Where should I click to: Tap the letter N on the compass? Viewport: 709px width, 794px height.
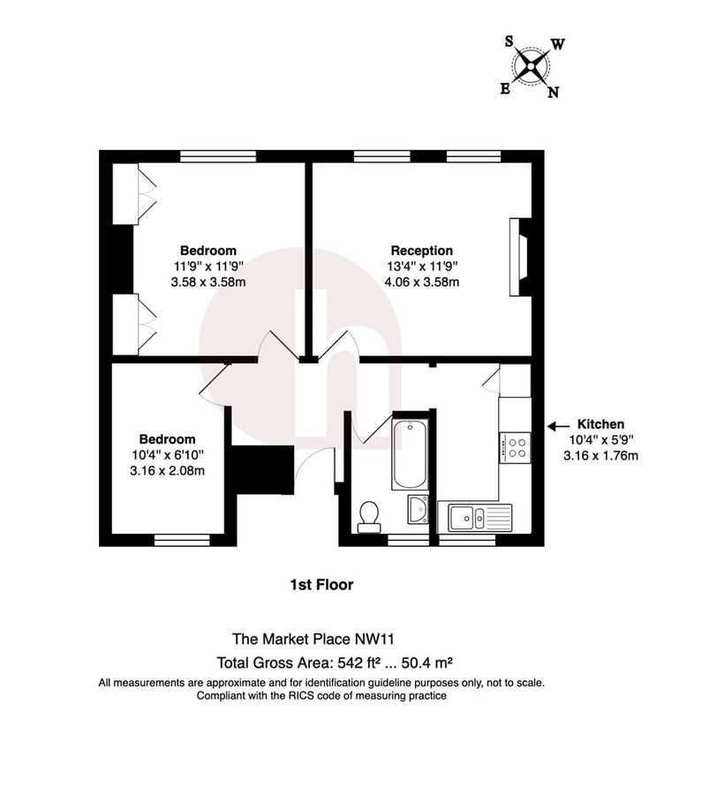tap(553, 92)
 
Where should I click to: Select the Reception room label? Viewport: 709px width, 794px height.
tap(422, 251)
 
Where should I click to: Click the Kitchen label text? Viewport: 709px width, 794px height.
tap(600, 423)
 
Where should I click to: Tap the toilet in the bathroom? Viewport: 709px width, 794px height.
tap(369, 515)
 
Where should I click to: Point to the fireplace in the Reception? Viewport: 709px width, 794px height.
tap(517, 258)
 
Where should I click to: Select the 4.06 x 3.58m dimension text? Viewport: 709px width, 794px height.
tap(422, 282)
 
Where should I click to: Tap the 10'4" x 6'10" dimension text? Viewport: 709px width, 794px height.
tap(167, 454)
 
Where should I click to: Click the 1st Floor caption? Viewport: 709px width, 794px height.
tap(322, 584)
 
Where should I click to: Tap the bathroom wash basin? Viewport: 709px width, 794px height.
tap(418, 509)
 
